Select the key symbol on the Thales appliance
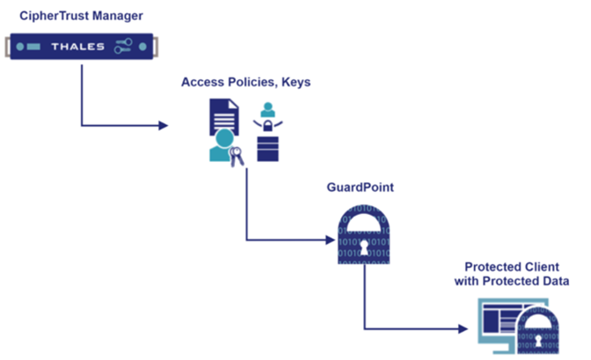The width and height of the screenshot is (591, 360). [x=128, y=47]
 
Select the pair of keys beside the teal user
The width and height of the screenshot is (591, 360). [x=236, y=156]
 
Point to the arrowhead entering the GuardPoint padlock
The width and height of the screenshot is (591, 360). [x=331, y=239]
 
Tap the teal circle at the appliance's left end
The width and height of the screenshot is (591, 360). [x=20, y=47]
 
